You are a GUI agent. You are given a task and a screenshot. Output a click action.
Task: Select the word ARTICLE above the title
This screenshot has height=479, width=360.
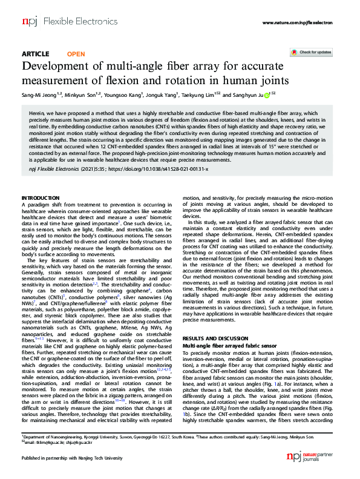point(35,54)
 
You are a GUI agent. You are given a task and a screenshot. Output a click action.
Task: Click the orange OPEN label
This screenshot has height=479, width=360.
point(76,54)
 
